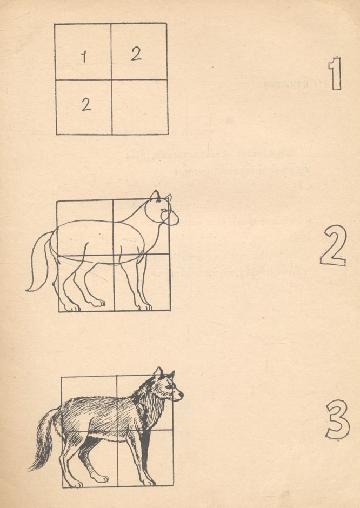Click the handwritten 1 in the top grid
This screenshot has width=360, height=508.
click(x=84, y=56)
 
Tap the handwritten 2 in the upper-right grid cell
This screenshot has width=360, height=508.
click(x=136, y=53)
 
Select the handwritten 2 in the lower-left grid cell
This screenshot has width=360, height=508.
click(x=86, y=105)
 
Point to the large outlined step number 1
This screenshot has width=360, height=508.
click(x=335, y=75)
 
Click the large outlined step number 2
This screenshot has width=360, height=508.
click(x=332, y=246)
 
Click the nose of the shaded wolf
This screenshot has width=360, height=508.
click(x=182, y=394)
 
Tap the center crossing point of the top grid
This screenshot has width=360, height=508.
click(x=111, y=79)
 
